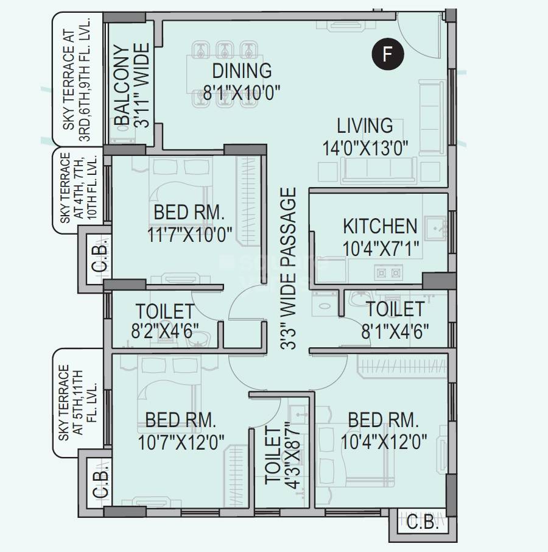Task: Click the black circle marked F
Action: [x=388, y=55]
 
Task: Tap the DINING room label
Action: [x=242, y=71]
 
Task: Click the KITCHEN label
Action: [x=380, y=226]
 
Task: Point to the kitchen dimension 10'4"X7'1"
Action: [x=381, y=249]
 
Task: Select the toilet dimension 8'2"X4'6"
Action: [x=165, y=331]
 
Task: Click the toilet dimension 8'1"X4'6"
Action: [x=395, y=331]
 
